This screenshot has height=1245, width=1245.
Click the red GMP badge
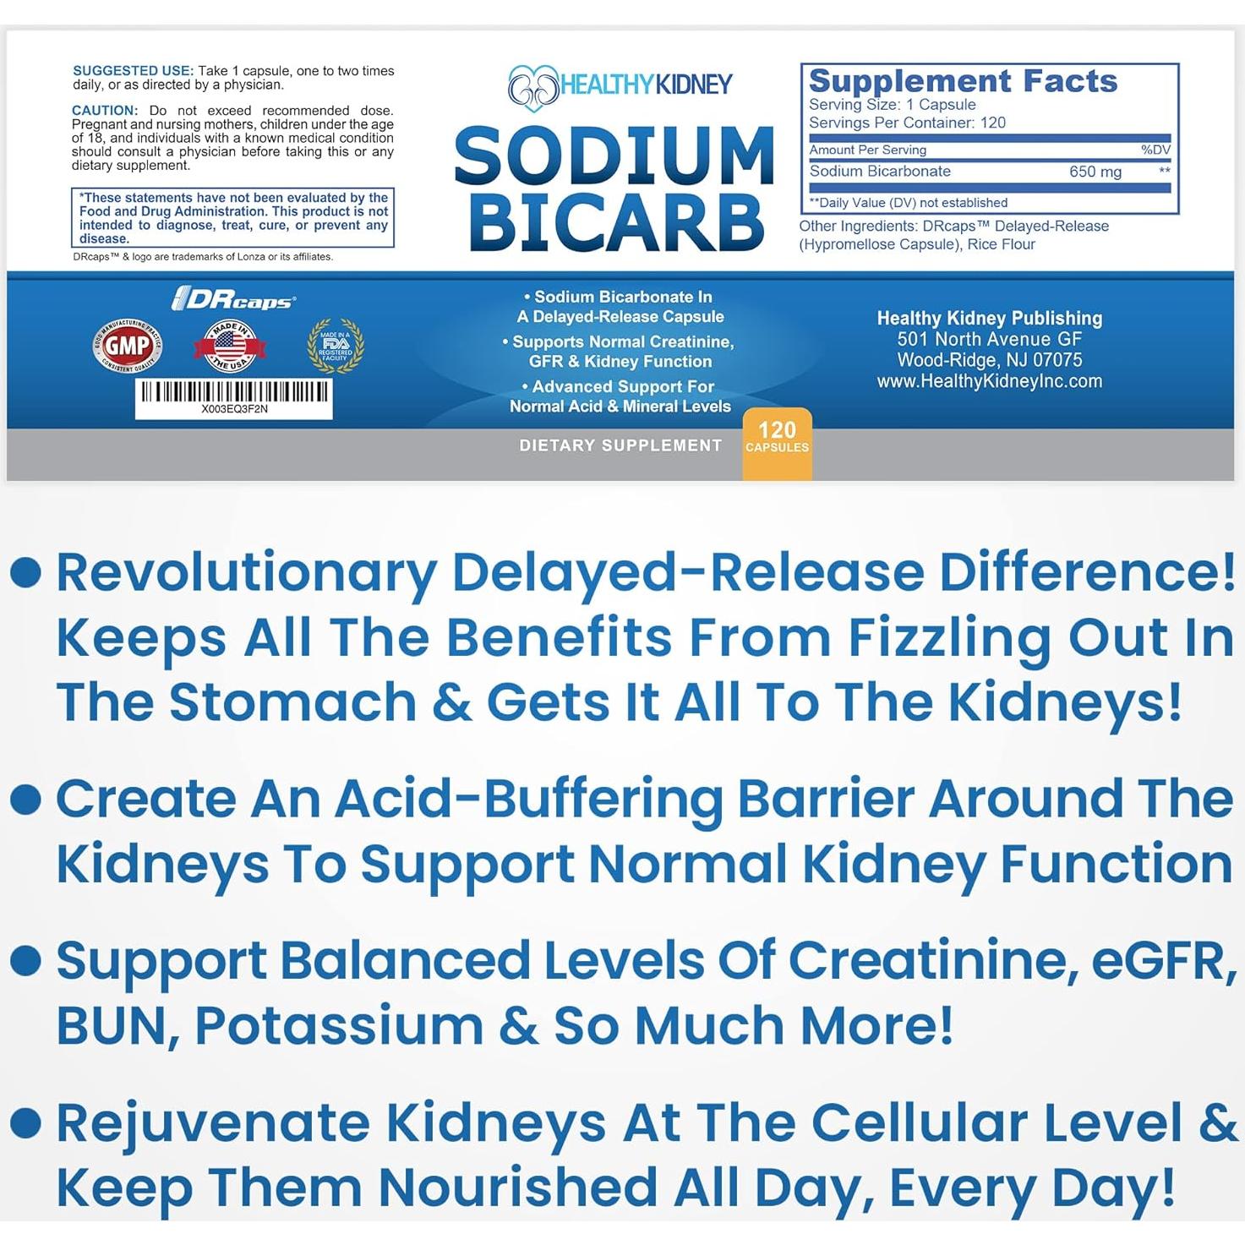pyautogui.click(x=128, y=345)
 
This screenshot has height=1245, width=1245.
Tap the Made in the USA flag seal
pyautogui.click(x=230, y=345)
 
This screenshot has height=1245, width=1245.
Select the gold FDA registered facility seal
pyautogui.click(x=336, y=345)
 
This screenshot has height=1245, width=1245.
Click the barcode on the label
pyautogui.click(x=234, y=391)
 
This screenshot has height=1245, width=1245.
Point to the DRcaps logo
pyautogui.click(x=234, y=300)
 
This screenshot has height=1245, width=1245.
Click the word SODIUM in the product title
pyautogui.click(x=614, y=157)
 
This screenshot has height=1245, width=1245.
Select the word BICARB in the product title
pyautogui.click(x=616, y=223)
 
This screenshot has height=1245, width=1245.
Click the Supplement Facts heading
pyautogui.click(x=963, y=81)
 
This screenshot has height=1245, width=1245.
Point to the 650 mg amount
pyautogui.click(x=1095, y=172)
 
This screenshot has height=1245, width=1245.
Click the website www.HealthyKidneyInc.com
pyautogui.click(x=990, y=381)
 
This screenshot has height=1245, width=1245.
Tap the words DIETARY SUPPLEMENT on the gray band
pyautogui.click(x=620, y=445)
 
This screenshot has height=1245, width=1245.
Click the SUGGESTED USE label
pyautogui.click(x=133, y=71)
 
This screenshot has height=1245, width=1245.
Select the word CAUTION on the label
pyautogui.click(x=104, y=111)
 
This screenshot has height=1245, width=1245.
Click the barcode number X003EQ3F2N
pyautogui.click(x=234, y=409)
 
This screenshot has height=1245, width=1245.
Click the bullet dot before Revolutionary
pyautogui.click(x=26, y=572)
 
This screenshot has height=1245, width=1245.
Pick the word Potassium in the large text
pyautogui.click(x=339, y=1025)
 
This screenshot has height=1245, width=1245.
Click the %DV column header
pyautogui.click(x=1155, y=150)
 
